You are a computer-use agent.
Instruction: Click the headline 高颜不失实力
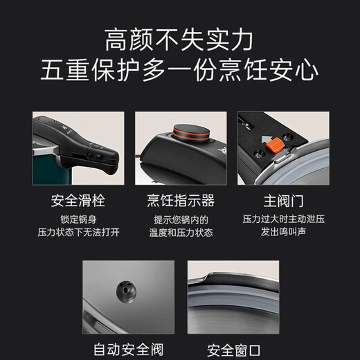pyautogui.click(x=179, y=40)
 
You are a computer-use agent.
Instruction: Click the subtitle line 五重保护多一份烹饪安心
pyautogui.click(x=179, y=70)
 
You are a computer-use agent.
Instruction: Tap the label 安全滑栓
pyautogui.click(x=78, y=201)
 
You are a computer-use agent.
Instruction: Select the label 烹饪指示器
pyautogui.click(x=181, y=201)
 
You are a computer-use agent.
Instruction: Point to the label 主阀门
pyautogui.click(x=283, y=201)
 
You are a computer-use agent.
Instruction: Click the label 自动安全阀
pyautogui.click(x=128, y=350)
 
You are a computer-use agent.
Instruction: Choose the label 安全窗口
pyautogui.click(x=233, y=350)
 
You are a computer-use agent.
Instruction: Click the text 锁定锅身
pyautogui.click(x=78, y=219)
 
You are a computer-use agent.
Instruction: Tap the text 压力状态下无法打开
pyautogui.click(x=78, y=232)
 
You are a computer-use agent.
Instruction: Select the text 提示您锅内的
pyautogui.click(x=181, y=219)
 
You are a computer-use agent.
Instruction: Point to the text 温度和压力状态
pyautogui.click(x=181, y=233)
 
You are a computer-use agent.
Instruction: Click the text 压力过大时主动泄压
pyautogui.click(x=284, y=219)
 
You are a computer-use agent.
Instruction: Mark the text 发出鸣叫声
pyautogui.click(x=284, y=232)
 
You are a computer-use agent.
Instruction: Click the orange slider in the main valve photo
pyautogui.click(x=274, y=145)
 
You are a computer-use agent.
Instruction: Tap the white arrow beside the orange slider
pyautogui.click(x=266, y=139)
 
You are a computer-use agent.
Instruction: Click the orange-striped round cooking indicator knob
pyautogui.click(x=191, y=132)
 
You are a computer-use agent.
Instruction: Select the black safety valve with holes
pyautogui.click(x=126, y=291)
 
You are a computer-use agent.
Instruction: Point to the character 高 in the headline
pyautogui.click(x=116, y=40)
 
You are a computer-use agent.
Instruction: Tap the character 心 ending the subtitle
pyautogui.click(x=307, y=70)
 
